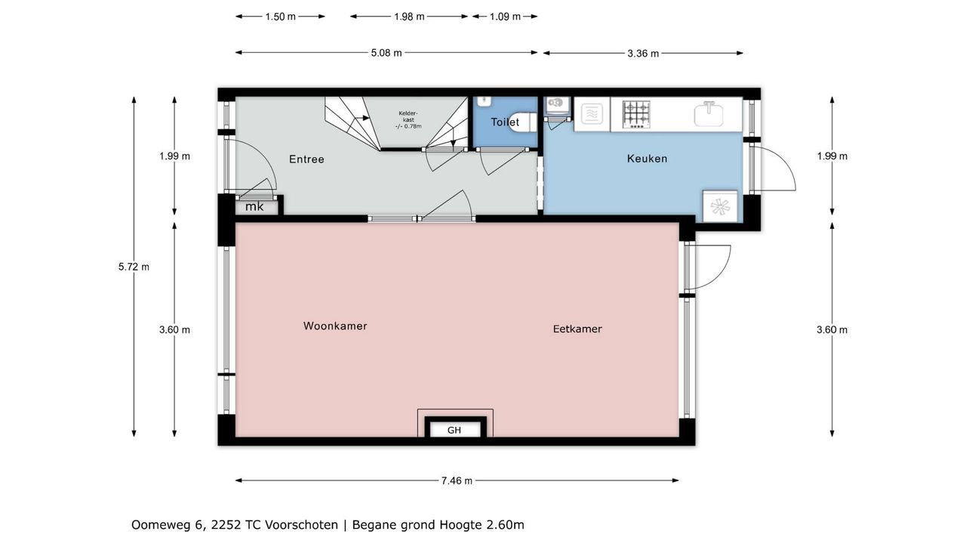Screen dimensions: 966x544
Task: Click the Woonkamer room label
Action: (x=335, y=326)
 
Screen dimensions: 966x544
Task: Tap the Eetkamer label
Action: (x=577, y=329)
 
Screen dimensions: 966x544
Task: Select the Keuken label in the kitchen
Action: (x=647, y=159)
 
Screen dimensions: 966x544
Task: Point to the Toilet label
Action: (x=505, y=122)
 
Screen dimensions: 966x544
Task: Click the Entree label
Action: (x=306, y=159)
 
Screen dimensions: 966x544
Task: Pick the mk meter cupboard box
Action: (x=256, y=207)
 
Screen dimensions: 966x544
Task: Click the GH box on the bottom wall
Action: (x=454, y=430)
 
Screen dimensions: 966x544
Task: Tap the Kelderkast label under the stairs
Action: (x=408, y=119)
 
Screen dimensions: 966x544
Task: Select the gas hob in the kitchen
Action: (x=636, y=114)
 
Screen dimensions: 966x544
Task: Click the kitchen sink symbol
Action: (x=709, y=113)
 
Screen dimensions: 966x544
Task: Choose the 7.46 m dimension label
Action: (x=457, y=481)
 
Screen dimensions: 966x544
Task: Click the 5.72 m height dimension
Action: (x=134, y=267)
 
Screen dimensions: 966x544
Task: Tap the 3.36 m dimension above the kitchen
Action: (x=643, y=54)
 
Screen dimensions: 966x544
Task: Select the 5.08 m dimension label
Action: (x=386, y=53)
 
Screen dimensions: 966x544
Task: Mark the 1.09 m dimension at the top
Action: (x=505, y=17)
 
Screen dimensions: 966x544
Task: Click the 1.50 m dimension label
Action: (x=280, y=17)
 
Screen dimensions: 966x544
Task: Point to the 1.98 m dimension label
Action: (x=409, y=17)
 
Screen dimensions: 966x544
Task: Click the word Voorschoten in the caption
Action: (x=301, y=525)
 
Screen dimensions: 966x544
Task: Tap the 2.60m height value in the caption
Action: (x=506, y=525)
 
